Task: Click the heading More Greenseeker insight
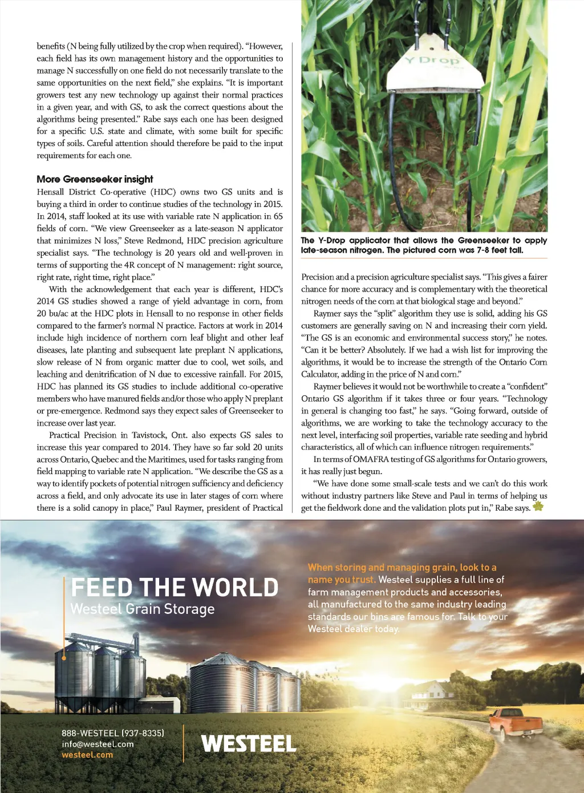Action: click(95, 179)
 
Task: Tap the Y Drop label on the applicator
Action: click(432, 60)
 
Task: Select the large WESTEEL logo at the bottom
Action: click(249, 743)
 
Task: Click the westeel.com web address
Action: click(87, 755)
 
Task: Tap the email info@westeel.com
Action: click(98, 744)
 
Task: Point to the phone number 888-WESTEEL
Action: click(113, 733)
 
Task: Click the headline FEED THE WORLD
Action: click(175, 588)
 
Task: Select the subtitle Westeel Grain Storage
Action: click(143, 609)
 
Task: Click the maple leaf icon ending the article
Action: click(538, 507)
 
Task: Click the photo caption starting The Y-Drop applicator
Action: click(424, 245)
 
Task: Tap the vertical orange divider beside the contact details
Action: click(184, 743)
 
